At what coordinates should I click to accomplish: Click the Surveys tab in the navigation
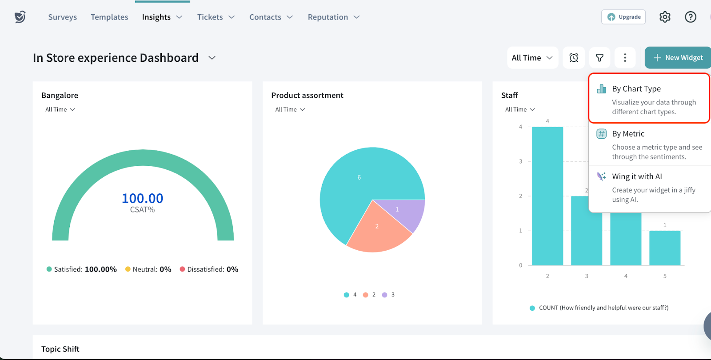tap(62, 17)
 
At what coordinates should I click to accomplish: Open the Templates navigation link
tap(109, 17)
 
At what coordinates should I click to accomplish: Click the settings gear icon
tap(665, 17)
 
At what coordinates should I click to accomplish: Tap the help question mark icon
tap(691, 17)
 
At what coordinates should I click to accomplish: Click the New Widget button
tap(678, 58)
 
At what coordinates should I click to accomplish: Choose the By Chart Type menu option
tap(636, 89)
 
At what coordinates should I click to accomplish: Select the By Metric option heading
tap(628, 134)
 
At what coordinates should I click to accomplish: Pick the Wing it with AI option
tap(637, 176)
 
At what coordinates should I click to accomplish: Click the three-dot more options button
tap(625, 58)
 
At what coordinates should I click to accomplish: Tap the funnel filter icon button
tap(599, 58)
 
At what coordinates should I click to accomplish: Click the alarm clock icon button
tap(574, 58)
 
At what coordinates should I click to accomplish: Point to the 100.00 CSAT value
tap(142, 198)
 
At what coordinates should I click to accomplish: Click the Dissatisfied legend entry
tap(209, 269)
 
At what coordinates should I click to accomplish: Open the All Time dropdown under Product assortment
tap(290, 109)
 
